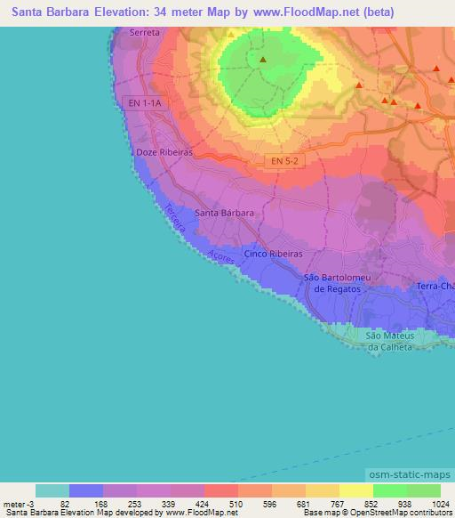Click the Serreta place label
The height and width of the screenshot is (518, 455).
point(145,32)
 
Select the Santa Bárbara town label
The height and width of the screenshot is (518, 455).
point(225,213)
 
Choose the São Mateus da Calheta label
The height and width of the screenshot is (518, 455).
point(390,341)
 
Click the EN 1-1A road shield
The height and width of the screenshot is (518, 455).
point(145,103)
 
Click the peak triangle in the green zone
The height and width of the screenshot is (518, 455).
point(263,61)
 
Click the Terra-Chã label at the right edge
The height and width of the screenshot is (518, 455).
point(435,286)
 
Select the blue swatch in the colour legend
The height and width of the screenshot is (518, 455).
point(86,490)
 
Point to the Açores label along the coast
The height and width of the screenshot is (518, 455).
point(221,256)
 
